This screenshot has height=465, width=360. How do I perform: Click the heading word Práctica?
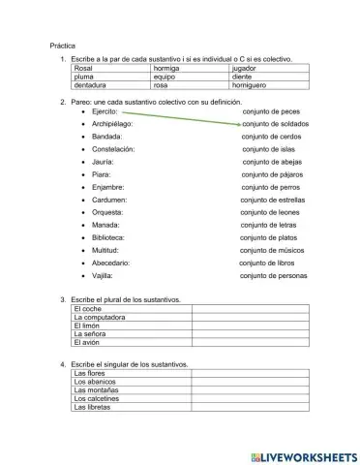[64, 46]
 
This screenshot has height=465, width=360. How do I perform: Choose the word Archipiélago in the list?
[112, 124]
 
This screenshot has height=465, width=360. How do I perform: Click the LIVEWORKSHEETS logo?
[302, 453]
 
